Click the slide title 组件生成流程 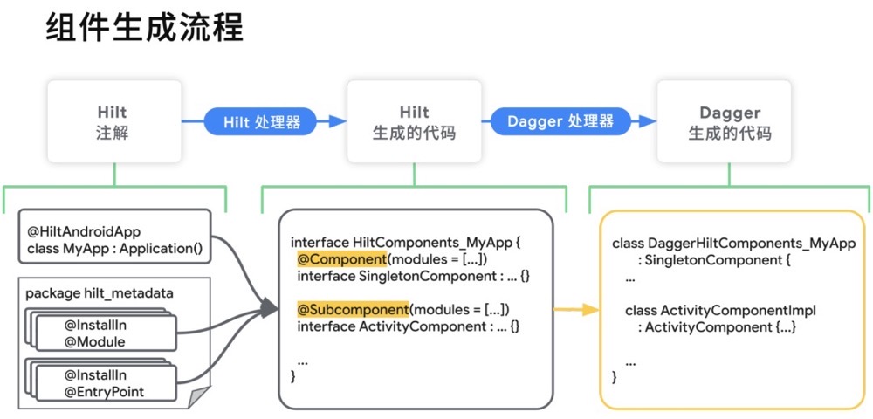pyautogui.click(x=144, y=28)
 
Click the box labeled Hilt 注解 pyautogui.click(x=113, y=122)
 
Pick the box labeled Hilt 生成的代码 pyautogui.click(x=414, y=122)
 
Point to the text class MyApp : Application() pyautogui.click(x=114, y=250)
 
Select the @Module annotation pyautogui.click(x=94, y=342)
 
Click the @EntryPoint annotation pyautogui.click(x=104, y=392)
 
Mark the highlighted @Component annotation pyautogui.click(x=341, y=259)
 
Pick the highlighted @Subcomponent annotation pyautogui.click(x=353, y=309)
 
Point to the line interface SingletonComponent pyautogui.click(x=413, y=276)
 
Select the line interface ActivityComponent pyautogui.click(x=408, y=326)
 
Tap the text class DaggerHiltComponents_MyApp pyautogui.click(x=733, y=243)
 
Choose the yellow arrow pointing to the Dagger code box pyautogui.click(x=577, y=310)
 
